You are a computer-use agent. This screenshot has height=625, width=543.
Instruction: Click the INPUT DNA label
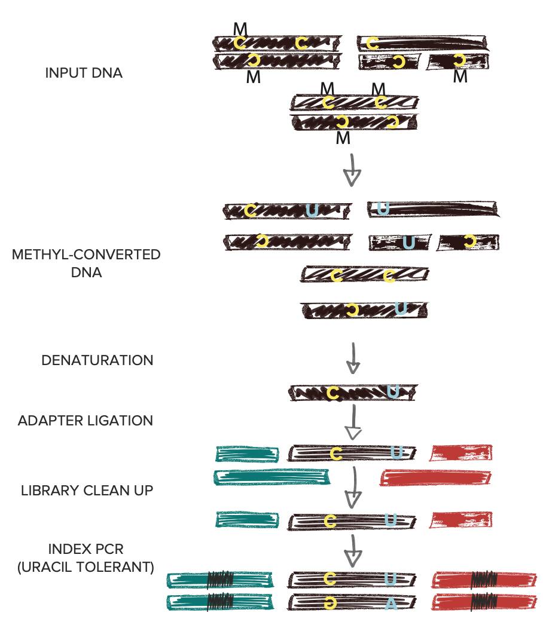pyautogui.click(x=84, y=73)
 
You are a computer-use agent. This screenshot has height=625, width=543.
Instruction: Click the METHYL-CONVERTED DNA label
pyautogui.click(x=86, y=264)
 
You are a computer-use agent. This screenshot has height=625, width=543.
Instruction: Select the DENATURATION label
pyautogui.click(x=97, y=361)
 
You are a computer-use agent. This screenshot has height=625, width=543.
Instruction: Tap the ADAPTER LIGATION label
pyautogui.click(x=86, y=421)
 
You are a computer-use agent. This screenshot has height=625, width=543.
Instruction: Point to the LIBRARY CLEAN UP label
pyautogui.click(x=87, y=491)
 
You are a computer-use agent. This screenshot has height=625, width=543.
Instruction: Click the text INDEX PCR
pyautogui.click(x=87, y=549)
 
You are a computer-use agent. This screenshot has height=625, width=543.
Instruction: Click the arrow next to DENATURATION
pyautogui.click(x=353, y=357)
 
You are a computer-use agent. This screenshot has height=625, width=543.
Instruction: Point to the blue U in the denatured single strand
pyautogui.click(x=393, y=391)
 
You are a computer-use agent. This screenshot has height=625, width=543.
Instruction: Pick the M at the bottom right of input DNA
pyautogui.click(x=459, y=77)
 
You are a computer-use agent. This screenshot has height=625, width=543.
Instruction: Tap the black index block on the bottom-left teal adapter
pyautogui.click(x=219, y=602)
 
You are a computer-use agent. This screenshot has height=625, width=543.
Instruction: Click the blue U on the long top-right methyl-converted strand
pyautogui.click(x=383, y=209)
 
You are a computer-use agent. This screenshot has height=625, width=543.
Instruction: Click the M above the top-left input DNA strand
pyautogui.click(x=240, y=28)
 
